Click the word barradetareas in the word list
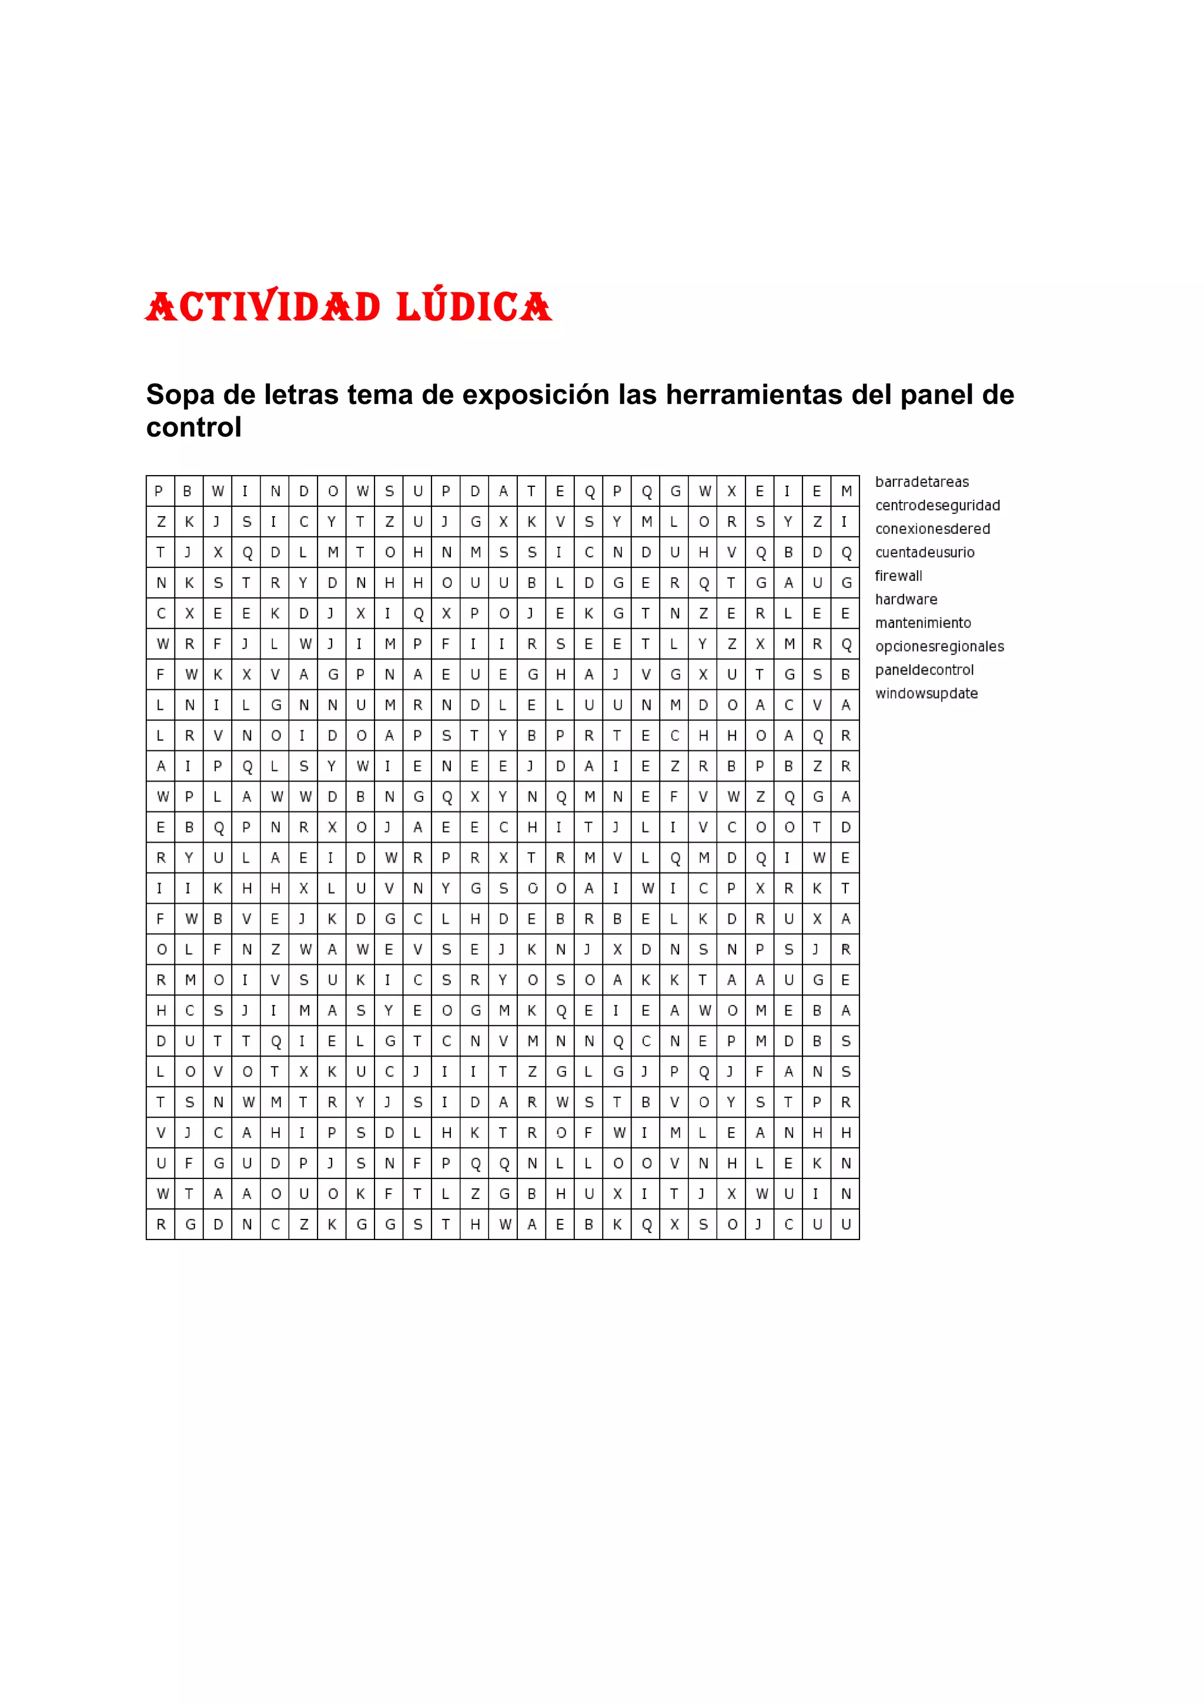(921, 482)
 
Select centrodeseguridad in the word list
(937, 506)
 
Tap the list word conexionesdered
(932, 529)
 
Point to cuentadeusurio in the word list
(924, 552)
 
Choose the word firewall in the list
(898, 576)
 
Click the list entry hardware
(906, 600)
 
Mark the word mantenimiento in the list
(923, 623)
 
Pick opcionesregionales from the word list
(939, 646)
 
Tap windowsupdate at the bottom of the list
(926, 693)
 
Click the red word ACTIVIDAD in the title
(263, 306)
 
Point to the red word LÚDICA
(474, 306)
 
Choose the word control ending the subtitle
(193, 427)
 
